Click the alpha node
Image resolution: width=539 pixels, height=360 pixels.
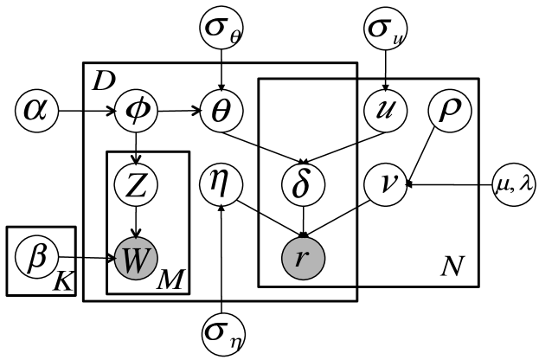pos(35,112)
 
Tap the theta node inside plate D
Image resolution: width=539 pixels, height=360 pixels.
pos(221,112)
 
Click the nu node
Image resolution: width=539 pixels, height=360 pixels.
pos(385,183)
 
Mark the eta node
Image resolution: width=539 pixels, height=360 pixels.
pos(221,183)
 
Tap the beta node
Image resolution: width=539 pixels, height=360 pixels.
pos(35,257)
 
